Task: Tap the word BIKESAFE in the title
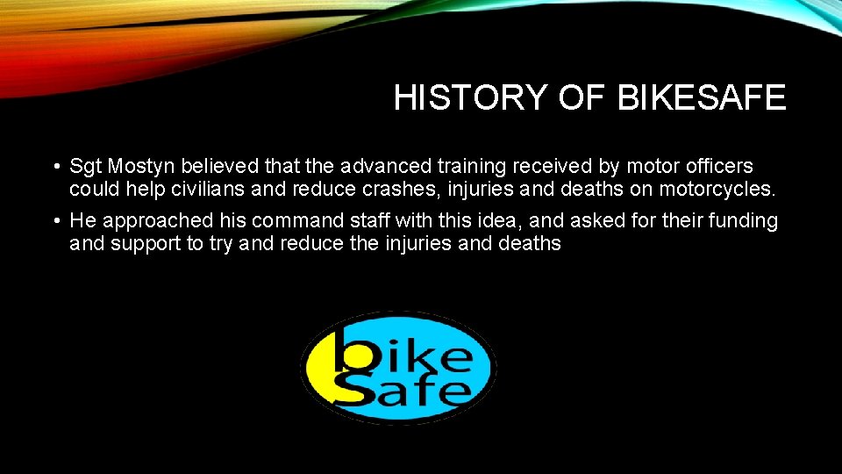(x=701, y=98)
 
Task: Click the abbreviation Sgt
(x=86, y=166)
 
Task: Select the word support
(x=147, y=244)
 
